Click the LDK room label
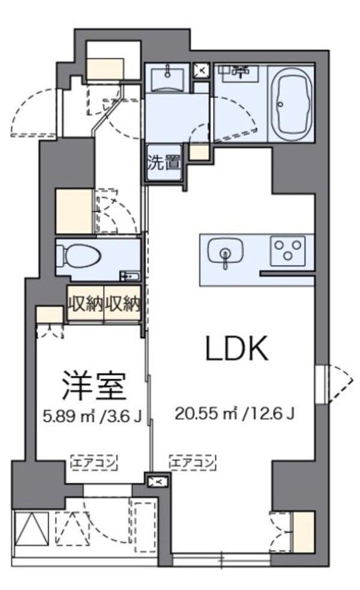(x=236, y=348)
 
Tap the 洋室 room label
(x=94, y=387)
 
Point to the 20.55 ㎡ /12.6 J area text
(x=234, y=414)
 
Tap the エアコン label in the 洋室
(x=94, y=462)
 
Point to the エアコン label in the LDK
(x=193, y=462)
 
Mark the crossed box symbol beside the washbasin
(x=201, y=71)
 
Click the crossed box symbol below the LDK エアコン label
(x=157, y=481)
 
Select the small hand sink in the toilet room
(x=128, y=276)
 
